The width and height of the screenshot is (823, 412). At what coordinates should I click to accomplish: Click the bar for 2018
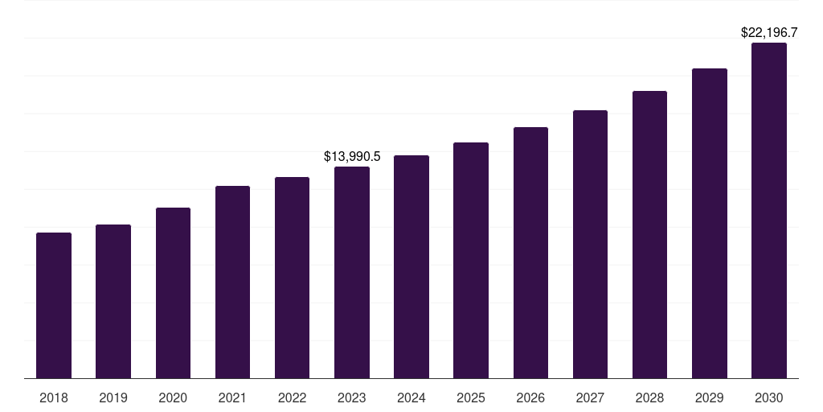54,306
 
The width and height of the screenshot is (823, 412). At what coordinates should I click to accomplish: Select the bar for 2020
173,293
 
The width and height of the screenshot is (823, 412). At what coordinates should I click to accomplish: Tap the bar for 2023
352,273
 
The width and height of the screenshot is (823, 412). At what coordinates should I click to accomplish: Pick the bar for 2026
530,253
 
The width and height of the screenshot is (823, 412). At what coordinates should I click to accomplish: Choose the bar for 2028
649,235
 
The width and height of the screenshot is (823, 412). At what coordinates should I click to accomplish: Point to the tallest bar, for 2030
769,211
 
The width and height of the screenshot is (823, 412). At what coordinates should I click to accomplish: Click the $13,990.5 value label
352,156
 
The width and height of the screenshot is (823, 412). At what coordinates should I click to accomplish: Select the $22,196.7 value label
769,33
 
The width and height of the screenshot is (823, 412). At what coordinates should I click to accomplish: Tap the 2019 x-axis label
113,398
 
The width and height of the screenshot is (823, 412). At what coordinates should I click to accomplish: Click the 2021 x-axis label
232,398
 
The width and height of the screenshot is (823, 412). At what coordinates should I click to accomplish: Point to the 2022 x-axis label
292,398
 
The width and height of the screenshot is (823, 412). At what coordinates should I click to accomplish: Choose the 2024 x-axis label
411,398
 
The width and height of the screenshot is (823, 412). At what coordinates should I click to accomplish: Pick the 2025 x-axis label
471,398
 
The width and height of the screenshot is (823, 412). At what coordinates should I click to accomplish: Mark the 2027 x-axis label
590,398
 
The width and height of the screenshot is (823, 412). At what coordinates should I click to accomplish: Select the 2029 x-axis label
710,398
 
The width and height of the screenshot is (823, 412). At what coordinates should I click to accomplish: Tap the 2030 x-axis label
769,398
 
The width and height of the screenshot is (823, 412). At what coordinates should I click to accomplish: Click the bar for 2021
232,282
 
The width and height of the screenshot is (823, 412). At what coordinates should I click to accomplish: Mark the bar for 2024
411,267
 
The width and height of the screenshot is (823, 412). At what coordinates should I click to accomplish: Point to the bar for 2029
710,224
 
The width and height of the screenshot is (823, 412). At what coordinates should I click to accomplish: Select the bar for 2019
113,302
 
